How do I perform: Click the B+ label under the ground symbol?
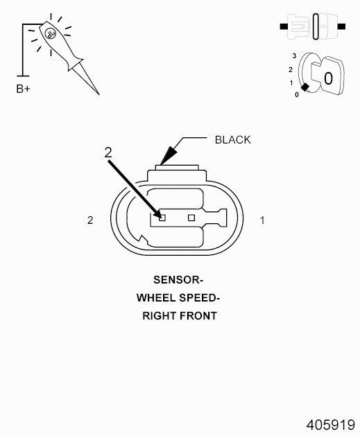click(24, 89)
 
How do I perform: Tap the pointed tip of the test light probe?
click(99, 94)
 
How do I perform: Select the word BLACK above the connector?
click(233, 140)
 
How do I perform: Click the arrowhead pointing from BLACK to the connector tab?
click(169, 156)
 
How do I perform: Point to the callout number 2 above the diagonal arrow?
click(108, 152)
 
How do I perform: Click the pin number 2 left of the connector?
click(90, 220)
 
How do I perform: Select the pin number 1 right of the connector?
click(262, 220)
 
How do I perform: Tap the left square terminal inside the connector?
click(162, 218)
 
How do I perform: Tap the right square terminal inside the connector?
click(191, 218)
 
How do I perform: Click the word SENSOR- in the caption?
click(178, 280)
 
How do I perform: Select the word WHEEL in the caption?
click(156, 298)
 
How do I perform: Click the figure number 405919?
click(330, 425)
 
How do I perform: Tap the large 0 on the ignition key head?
click(328, 78)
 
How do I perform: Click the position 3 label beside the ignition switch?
click(294, 56)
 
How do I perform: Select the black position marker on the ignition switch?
click(305, 87)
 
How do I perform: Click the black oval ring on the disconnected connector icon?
click(316, 26)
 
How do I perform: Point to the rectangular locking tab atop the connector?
click(177, 168)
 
